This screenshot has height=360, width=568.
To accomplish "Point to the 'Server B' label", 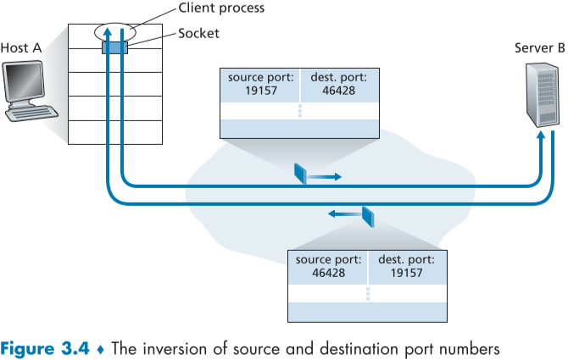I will pos(539,47).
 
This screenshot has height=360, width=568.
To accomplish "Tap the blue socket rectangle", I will pos(114,48).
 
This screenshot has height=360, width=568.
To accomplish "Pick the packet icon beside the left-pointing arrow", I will pos(367,216).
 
